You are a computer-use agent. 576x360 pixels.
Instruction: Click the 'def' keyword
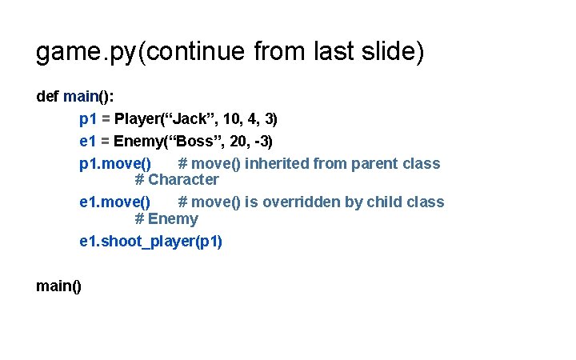pos(47,97)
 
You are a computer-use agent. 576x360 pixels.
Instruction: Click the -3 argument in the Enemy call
pos(263,142)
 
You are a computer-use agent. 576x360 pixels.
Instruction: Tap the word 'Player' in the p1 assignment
pos(139,119)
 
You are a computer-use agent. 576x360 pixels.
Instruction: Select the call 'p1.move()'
pos(115,164)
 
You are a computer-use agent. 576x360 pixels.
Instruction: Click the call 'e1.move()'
pos(115,202)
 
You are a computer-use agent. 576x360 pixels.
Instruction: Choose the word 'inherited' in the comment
pos(278,164)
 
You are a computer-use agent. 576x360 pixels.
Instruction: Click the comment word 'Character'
pos(183,180)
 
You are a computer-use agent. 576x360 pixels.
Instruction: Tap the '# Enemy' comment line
pos(166,218)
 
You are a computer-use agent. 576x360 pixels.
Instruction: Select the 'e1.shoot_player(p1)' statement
pos(151,241)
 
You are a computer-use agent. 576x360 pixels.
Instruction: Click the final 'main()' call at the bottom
pos(58,286)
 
